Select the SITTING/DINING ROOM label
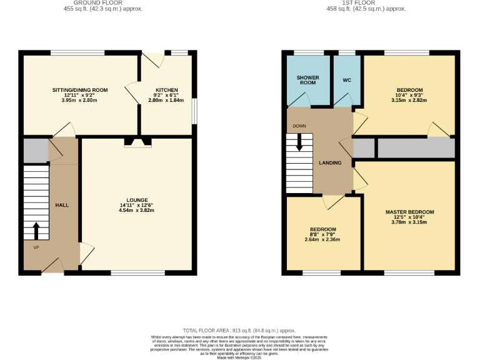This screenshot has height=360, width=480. (79, 90)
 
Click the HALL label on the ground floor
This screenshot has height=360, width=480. (62, 205)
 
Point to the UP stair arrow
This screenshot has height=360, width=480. (35, 231)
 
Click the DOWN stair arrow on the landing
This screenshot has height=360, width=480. (299, 142)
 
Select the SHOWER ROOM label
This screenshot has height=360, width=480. (307, 80)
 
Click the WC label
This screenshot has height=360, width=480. (347, 80)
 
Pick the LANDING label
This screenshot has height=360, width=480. (330, 163)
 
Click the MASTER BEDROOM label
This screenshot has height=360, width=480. (409, 212)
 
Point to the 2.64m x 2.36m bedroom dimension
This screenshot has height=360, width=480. (322, 239)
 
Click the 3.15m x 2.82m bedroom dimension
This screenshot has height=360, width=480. (409, 100)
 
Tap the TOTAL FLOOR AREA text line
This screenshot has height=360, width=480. (239, 330)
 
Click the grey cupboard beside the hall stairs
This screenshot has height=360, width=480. (35, 151)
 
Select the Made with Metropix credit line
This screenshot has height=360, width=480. (239, 357)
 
